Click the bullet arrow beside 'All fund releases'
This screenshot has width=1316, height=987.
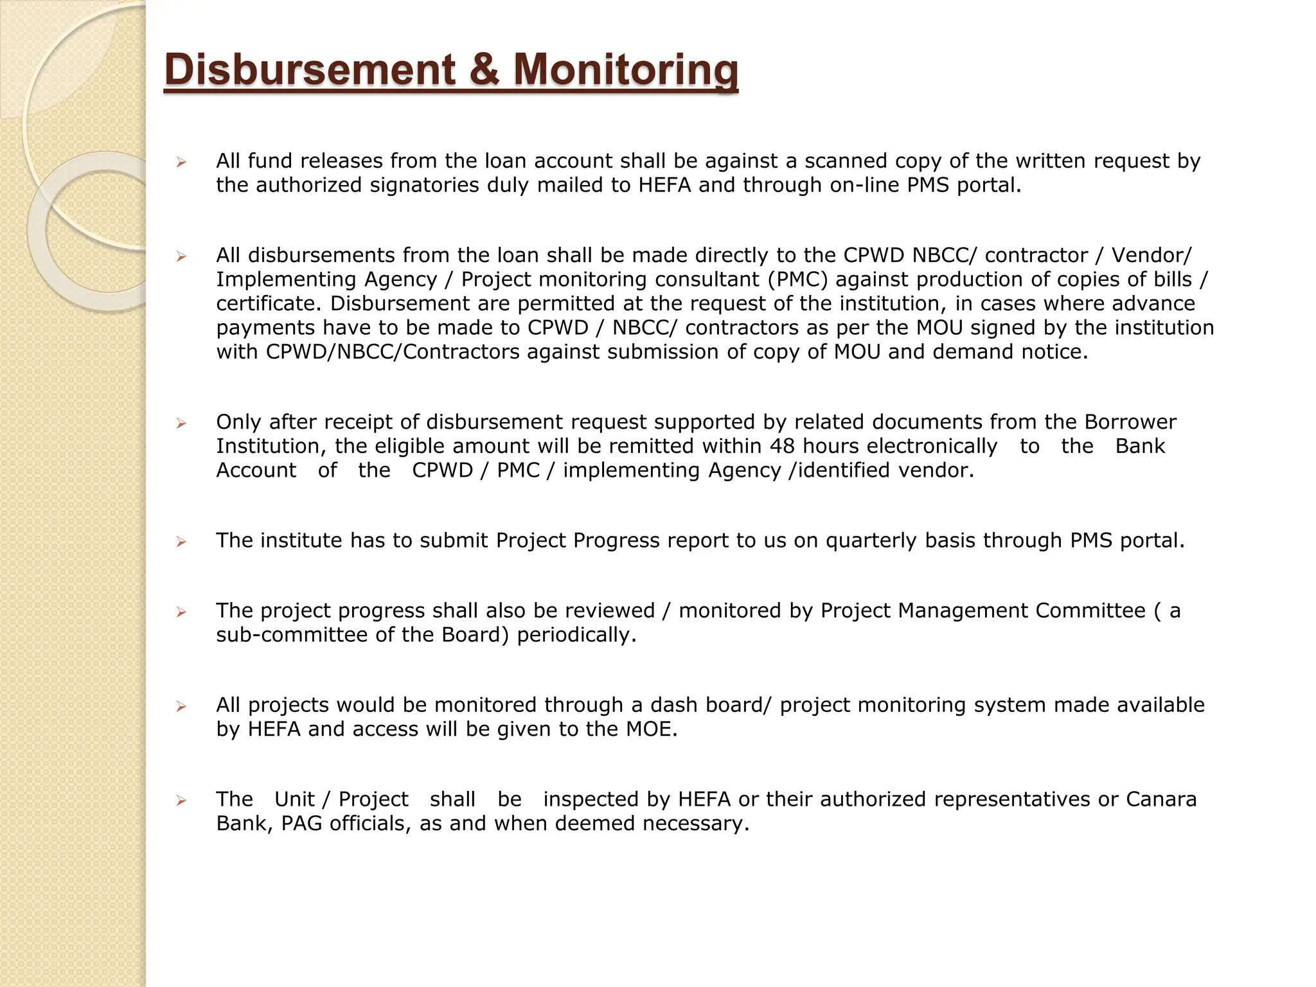click(x=182, y=162)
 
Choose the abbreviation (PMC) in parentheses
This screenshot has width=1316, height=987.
click(x=797, y=280)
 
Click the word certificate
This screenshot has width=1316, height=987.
click(x=270, y=303)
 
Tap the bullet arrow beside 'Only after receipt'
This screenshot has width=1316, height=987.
click(x=182, y=423)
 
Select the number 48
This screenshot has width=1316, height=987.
click(x=783, y=446)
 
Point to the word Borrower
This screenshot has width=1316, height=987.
click(x=1130, y=422)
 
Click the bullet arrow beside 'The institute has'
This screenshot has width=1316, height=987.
click(x=182, y=542)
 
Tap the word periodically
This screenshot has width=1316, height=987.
click(x=576, y=635)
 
